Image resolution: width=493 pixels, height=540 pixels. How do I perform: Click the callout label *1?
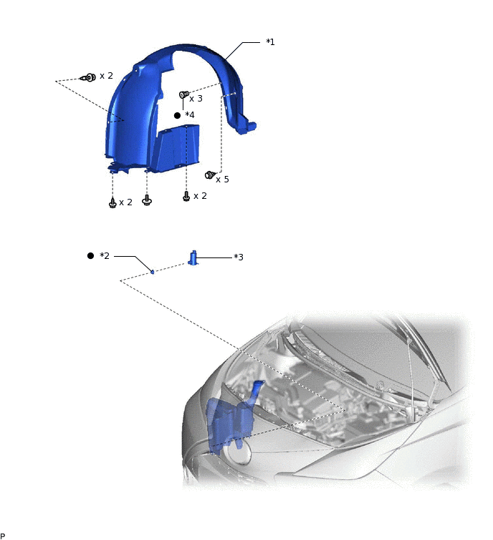pos(270,42)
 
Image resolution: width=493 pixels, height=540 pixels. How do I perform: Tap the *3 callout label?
pos(239,257)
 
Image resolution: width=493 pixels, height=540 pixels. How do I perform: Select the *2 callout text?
pos(105,256)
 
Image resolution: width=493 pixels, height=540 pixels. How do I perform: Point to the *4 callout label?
pos(189,115)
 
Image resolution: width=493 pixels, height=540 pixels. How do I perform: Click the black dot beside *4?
pos(177,115)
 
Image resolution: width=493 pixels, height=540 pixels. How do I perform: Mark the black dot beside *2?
pos(90,255)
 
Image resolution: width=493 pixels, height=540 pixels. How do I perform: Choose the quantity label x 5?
pos(222,180)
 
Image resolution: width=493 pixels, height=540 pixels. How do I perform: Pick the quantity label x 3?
pos(196,99)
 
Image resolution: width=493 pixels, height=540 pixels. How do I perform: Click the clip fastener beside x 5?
pos(210,175)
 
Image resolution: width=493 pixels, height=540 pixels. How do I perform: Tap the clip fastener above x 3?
pos(183,94)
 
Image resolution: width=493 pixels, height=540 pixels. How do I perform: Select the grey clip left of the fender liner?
pos(87,77)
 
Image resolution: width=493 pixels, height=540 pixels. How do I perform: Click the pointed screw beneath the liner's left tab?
pos(113,203)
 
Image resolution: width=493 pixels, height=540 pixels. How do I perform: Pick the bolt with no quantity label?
pos(147,200)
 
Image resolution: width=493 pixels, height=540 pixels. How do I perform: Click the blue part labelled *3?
pos(193,257)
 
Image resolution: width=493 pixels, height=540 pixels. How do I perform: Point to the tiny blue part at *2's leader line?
pos(153,272)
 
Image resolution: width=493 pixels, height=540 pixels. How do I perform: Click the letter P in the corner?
pos(3,536)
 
